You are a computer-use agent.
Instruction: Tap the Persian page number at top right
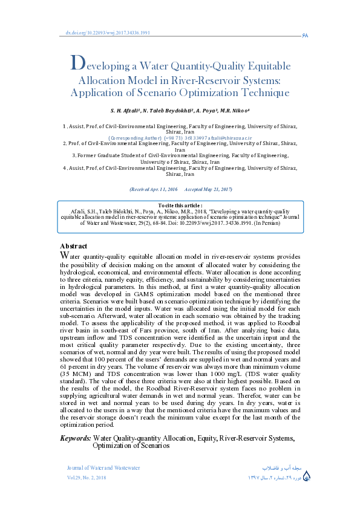click(304, 36)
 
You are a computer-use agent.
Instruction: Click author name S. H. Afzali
click(125, 111)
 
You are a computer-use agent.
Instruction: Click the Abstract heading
click(73, 246)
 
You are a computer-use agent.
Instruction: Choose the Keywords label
click(76, 421)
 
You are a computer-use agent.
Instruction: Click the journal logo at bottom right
click(307, 476)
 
